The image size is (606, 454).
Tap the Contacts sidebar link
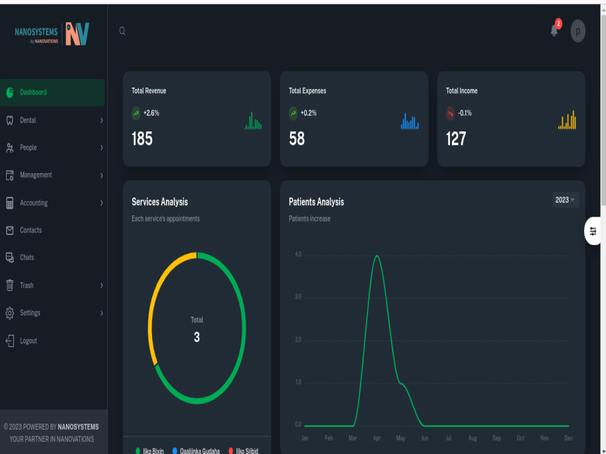pos(30,230)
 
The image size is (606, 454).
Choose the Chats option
pos(27,257)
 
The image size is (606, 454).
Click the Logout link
pos(28,341)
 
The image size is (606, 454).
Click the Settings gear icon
pos(10,313)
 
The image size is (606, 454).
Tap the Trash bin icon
pos(10,285)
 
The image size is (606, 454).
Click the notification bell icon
pos(554,30)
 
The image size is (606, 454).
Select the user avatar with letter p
pos(578,31)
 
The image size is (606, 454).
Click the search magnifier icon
pos(122,31)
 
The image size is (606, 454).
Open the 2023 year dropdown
pos(565,200)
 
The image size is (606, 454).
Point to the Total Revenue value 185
pos(142,139)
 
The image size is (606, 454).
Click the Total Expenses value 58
pos(297,139)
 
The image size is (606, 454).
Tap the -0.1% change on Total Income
pos(465,113)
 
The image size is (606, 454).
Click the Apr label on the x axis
pos(376,438)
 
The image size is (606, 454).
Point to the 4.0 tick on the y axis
pos(298,254)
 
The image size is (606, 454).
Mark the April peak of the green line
pos(376,255)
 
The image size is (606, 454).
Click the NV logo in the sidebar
pos(78,34)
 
